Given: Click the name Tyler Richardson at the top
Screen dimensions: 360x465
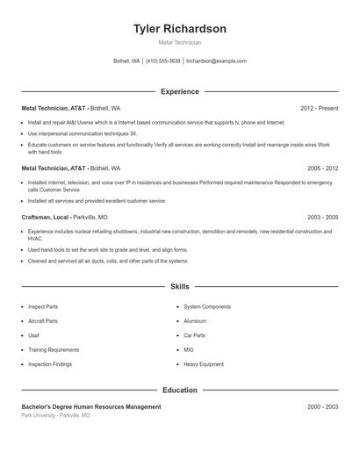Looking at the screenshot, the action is coord(179,29).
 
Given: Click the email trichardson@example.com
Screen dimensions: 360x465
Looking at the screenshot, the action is coord(216,61).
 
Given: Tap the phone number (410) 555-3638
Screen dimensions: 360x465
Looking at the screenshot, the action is coord(162,61).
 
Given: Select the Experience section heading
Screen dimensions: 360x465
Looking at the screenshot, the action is coord(179,91).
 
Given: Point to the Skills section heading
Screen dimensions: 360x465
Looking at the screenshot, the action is coord(179,286).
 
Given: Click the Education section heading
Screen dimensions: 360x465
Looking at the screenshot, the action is coord(179,390).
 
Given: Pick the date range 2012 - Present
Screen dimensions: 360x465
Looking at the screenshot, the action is coord(319,108).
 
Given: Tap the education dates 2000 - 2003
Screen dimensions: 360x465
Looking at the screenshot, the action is coord(322,407).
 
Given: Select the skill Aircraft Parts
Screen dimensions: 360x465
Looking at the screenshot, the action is coord(43,321).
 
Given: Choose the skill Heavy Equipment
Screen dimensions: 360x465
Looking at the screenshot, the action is coord(204,363).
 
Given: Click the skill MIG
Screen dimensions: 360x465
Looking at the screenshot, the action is coord(190,349).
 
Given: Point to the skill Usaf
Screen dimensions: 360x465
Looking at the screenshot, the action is coord(34,335).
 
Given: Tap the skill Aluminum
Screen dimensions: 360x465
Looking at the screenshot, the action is coord(195,321).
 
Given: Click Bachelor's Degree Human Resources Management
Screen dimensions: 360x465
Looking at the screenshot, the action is coord(91,407).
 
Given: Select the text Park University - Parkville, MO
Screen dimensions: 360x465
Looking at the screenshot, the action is coord(55,415).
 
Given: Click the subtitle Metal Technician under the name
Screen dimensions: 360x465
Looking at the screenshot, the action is coord(179,42).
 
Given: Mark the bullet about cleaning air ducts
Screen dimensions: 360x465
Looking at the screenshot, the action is coord(108,261).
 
